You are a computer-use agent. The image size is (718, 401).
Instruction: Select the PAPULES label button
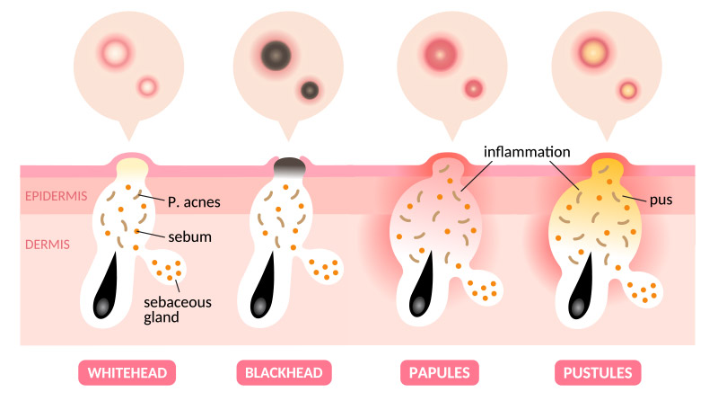pyautogui.click(x=441, y=372)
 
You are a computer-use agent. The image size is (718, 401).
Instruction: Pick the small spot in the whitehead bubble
pyautogui.click(x=146, y=86)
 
